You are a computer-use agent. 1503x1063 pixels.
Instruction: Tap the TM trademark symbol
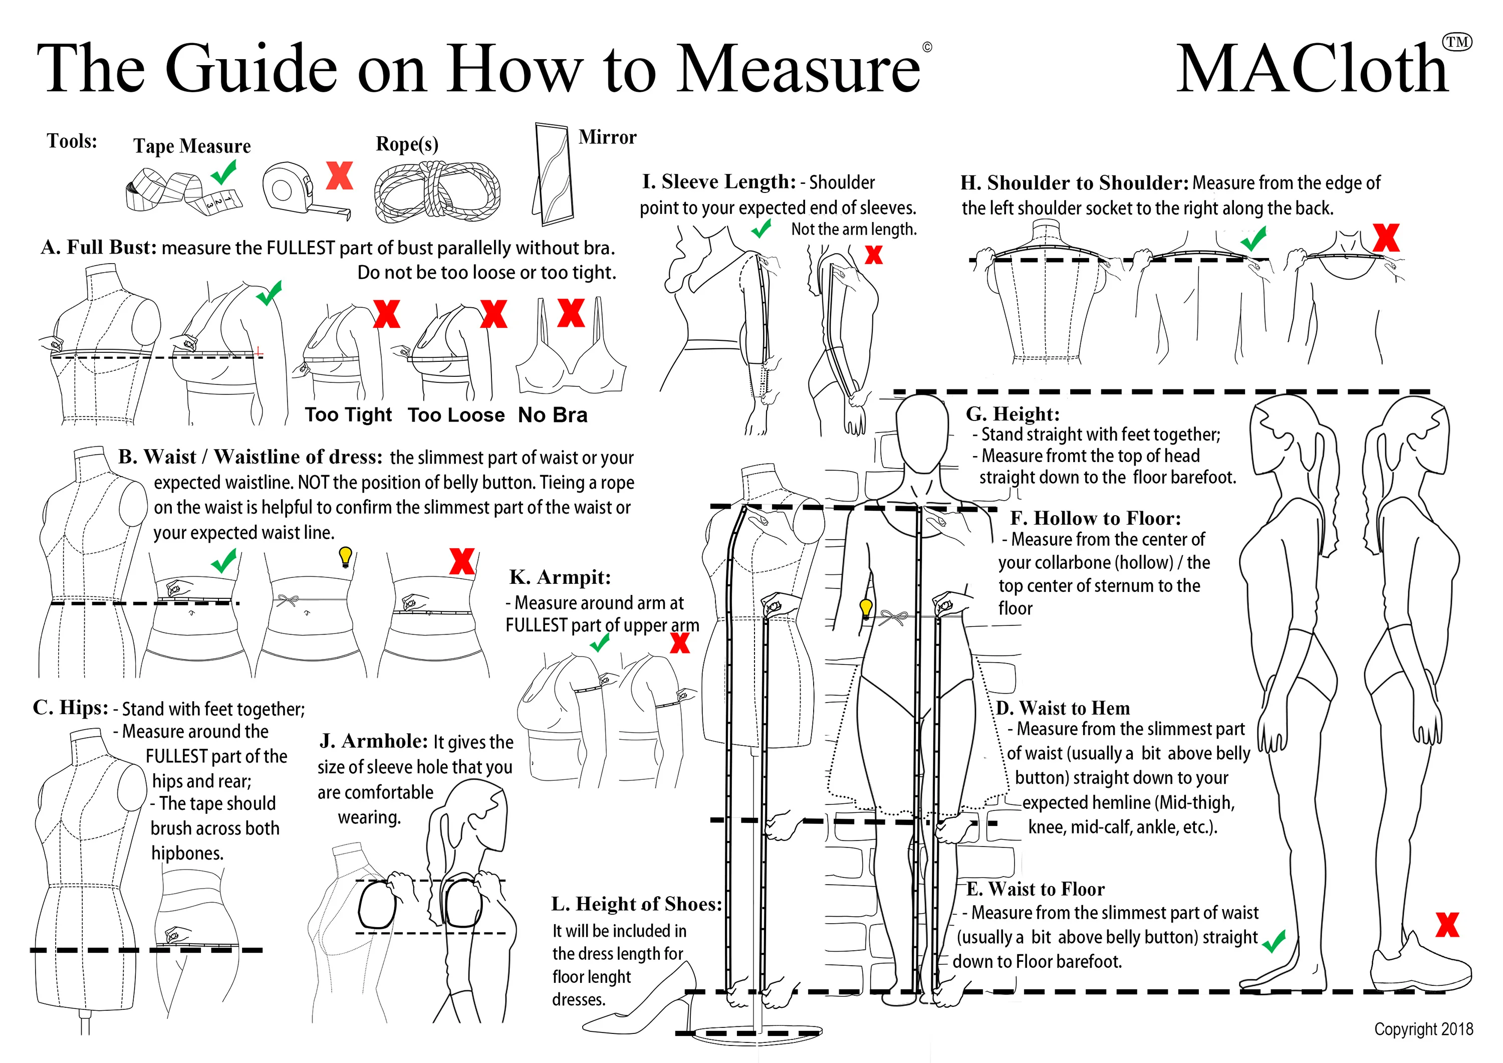click(1457, 42)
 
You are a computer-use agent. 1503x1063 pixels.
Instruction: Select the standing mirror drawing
click(553, 173)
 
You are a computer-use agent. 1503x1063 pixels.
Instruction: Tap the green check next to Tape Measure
click(224, 172)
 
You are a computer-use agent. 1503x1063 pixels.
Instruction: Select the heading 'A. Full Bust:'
click(99, 248)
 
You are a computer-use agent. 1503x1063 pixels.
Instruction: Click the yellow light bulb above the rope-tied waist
click(345, 557)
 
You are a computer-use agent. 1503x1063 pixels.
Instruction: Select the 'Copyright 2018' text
click(1423, 1029)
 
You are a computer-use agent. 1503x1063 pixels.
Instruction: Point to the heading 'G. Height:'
click(1012, 414)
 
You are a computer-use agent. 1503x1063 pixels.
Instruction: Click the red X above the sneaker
click(1447, 924)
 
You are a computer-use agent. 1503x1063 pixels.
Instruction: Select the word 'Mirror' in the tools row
click(607, 137)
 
